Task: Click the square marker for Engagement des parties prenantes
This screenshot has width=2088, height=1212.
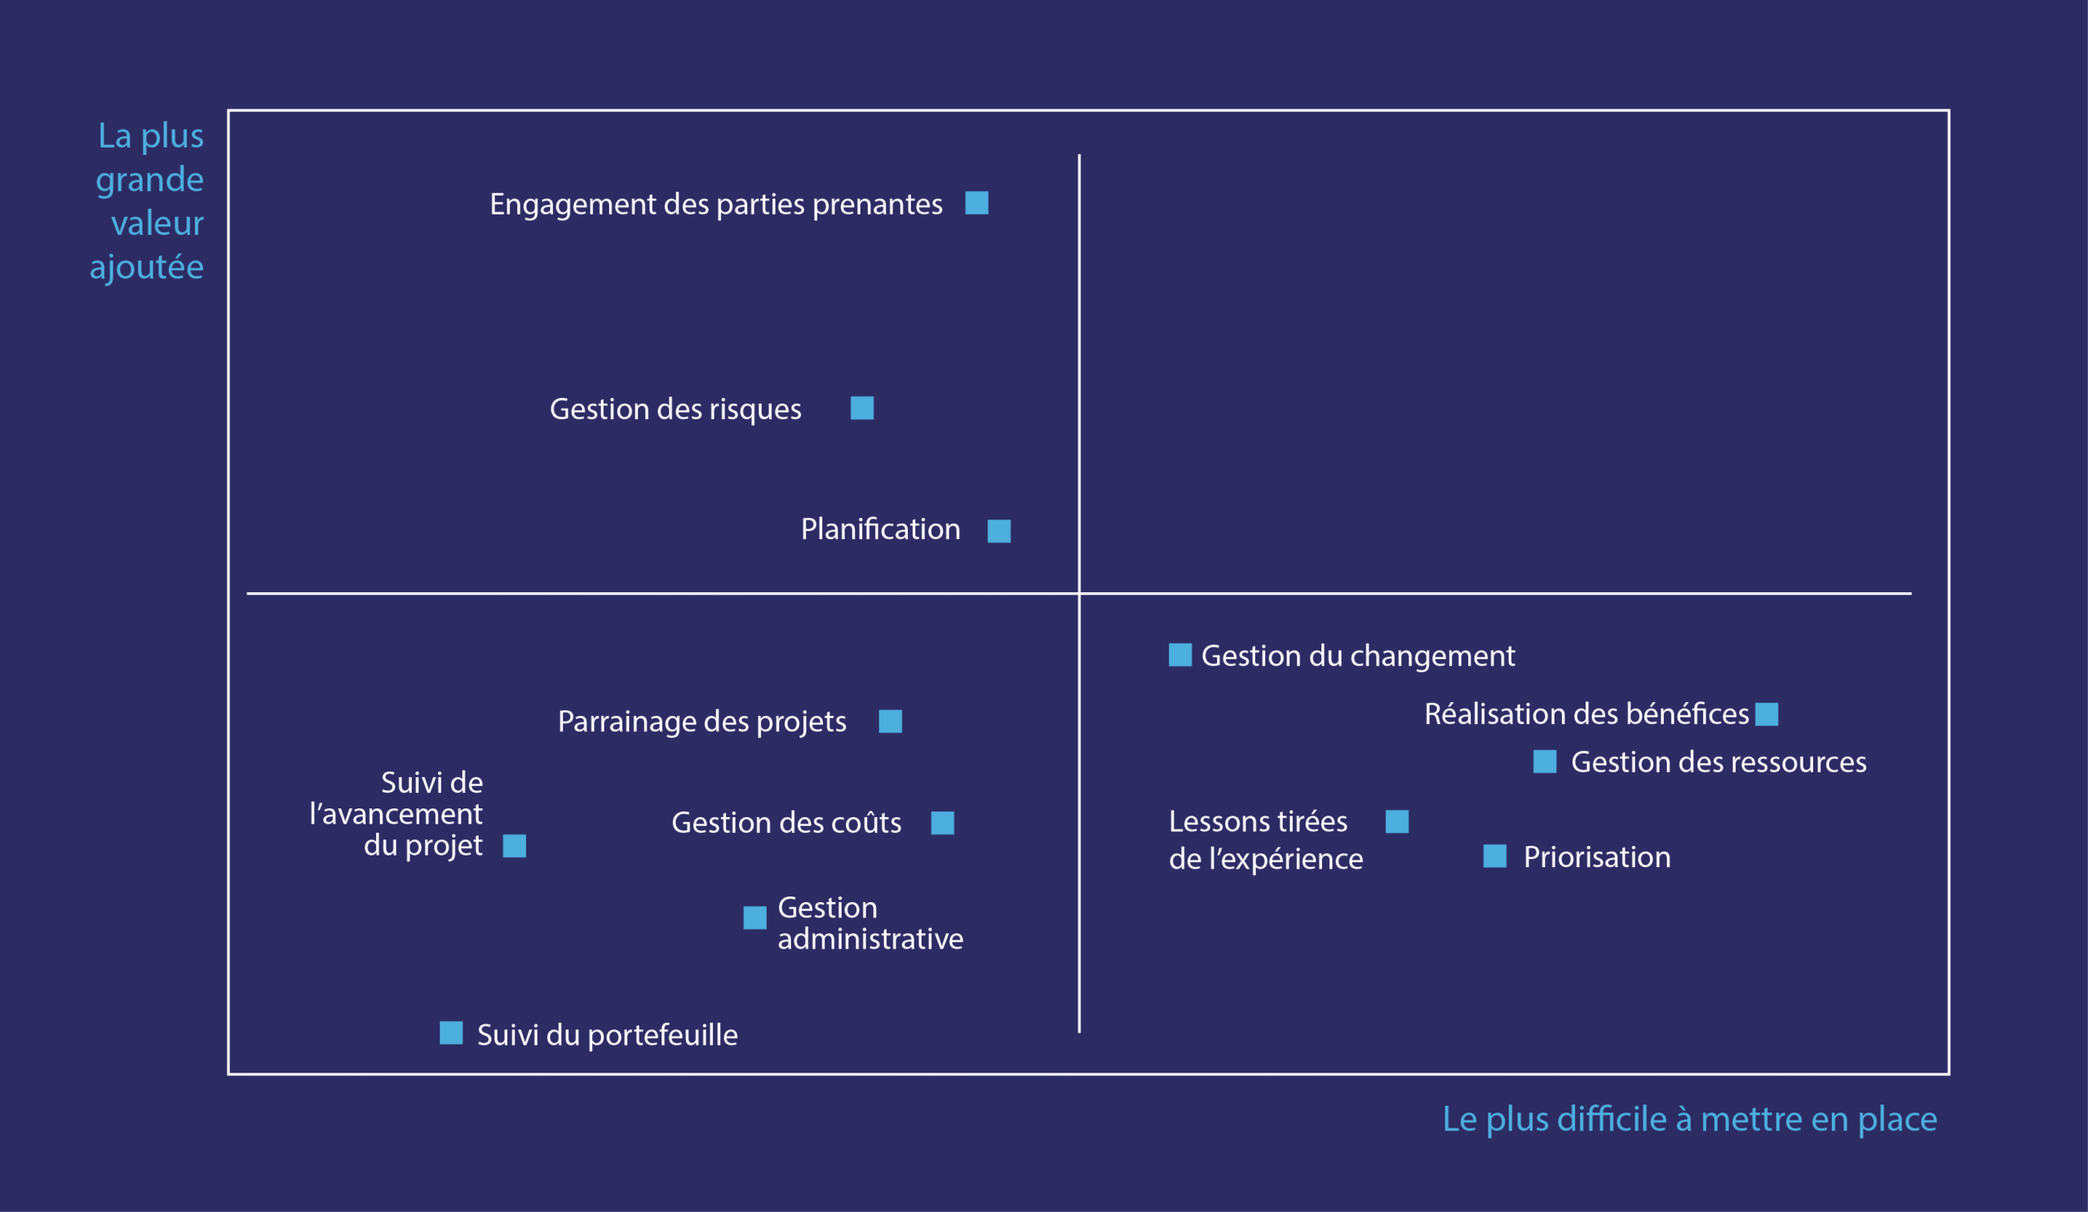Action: pyautogui.click(x=977, y=203)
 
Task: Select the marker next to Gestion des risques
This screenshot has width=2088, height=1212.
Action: pyautogui.click(x=862, y=408)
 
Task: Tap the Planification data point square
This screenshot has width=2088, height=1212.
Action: pyautogui.click(x=998, y=531)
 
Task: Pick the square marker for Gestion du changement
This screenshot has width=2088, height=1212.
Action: pyautogui.click(x=1180, y=654)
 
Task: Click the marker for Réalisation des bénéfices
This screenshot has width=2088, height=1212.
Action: pyautogui.click(x=1767, y=714)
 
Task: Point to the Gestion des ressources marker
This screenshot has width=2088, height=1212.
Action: pyautogui.click(x=1545, y=761)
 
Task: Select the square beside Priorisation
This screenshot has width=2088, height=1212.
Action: pyautogui.click(x=1495, y=856)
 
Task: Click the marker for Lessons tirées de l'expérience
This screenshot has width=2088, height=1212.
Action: pyautogui.click(x=1397, y=822)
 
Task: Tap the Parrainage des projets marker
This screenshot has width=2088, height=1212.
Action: pyautogui.click(x=890, y=722)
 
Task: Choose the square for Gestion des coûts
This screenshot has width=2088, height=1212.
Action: pyautogui.click(x=942, y=823)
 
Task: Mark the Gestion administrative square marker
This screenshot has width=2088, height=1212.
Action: pyautogui.click(x=754, y=917)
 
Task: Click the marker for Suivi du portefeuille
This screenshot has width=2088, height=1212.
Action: pyautogui.click(x=451, y=1033)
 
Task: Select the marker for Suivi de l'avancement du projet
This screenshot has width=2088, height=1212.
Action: pyautogui.click(x=515, y=846)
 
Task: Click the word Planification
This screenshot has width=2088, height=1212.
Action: pyautogui.click(x=880, y=529)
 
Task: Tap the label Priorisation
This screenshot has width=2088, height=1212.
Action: pyautogui.click(x=1597, y=857)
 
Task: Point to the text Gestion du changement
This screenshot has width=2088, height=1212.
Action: pyautogui.click(x=1357, y=656)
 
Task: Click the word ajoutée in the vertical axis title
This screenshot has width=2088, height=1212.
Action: pyautogui.click(x=147, y=268)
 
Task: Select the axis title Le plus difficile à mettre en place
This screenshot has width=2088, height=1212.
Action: pyautogui.click(x=1689, y=1119)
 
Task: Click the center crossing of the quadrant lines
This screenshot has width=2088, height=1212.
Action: pyautogui.click(x=1079, y=593)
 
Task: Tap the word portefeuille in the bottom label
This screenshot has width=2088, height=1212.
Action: pyautogui.click(x=662, y=1036)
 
